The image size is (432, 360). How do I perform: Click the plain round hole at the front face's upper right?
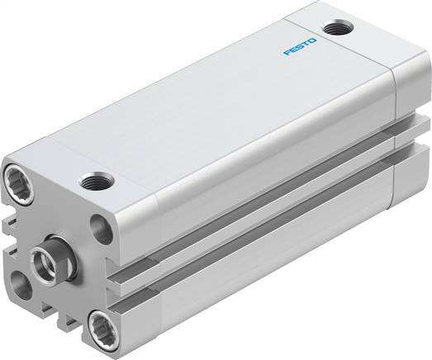coord(100,229)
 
